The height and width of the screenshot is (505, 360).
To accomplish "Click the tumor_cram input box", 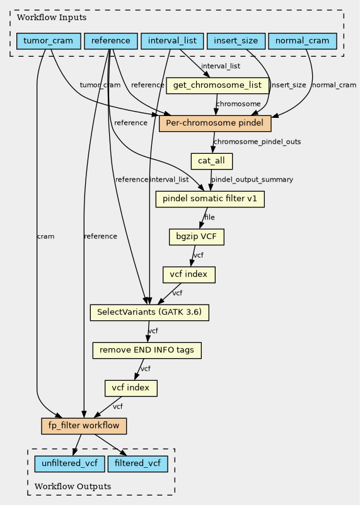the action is (x=49, y=41).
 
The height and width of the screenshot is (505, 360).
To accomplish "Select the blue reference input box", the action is (x=111, y=41).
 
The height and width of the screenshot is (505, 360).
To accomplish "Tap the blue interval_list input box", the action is (x=172, y=41).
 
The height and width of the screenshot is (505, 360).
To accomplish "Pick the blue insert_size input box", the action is (x=236, y=41).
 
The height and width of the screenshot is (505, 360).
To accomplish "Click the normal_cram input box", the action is (x=303, y=41).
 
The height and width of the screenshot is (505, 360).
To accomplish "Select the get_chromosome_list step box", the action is (x=218, y=85).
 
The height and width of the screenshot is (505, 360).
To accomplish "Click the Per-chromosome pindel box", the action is (x=215, y=124).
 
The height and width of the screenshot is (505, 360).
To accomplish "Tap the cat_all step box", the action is (x=212, y=161).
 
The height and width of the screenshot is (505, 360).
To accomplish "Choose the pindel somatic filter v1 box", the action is (x=210, y=199).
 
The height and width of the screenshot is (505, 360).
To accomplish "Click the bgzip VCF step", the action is (x=197, y=236).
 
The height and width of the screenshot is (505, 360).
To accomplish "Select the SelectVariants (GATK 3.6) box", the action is (x=149, y=313).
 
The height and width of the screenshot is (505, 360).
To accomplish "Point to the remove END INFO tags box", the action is (x=147, y=351).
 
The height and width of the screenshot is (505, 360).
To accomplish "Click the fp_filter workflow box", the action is (x=84, y=426).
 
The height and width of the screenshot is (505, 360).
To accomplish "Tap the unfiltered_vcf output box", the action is (x=69, y=464).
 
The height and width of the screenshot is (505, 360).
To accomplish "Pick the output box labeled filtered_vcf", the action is (x=138, y=464).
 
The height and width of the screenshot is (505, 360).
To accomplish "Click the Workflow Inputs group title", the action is (x=52, y=18).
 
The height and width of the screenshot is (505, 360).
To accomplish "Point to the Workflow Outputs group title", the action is (x=73, y=486).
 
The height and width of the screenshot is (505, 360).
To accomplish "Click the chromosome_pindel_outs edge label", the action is (x=257, y=142).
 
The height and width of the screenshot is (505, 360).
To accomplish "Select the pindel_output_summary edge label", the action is (x=252, y=180).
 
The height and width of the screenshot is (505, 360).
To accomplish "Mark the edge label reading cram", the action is (x=46, y=236).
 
